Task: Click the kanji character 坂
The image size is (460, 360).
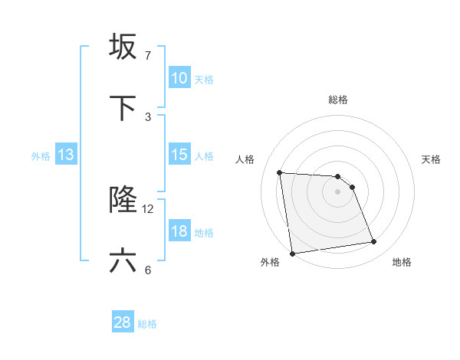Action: [x=123, y=47]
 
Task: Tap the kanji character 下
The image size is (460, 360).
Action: [x=123, y=109]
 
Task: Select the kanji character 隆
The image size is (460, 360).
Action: [x=123, y=200]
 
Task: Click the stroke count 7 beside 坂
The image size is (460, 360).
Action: [x=147, y=56]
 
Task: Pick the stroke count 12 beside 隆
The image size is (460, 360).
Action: [x=148, y=208]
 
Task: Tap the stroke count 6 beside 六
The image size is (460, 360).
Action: [x=148, y=270]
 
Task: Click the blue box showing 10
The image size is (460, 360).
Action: [x=179, y=78]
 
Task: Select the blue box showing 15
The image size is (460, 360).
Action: [x=179, y=155]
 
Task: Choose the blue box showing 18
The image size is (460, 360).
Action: [x=179, y=231]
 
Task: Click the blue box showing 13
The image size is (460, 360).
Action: [x=66, y=155]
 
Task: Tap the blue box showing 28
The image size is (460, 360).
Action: [x=123, y=322]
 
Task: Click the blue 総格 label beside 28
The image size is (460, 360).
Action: [x=148, y=324]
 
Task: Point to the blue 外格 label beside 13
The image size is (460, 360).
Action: [x=41, y=156]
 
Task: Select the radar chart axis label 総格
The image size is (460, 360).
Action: [x=338, y=100]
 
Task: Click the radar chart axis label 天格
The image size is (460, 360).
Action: [x=432, y=159]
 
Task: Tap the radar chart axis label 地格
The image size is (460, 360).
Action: [x=402, y=262]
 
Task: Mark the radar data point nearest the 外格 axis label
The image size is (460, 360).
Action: [x=292, y=254]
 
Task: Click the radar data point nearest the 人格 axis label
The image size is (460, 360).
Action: [x=280, y=172]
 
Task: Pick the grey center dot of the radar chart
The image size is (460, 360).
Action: [x=338, y=191]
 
